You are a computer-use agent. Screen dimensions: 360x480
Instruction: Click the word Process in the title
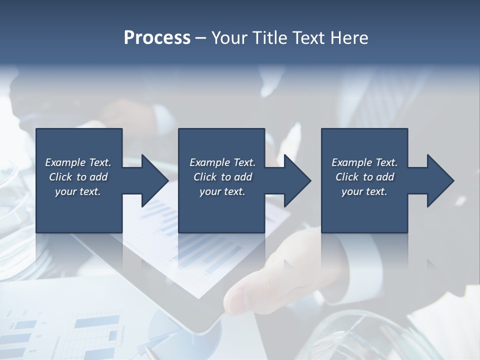[x=157, y=38]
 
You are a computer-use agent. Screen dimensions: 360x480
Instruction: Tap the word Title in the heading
[x=268, y=38]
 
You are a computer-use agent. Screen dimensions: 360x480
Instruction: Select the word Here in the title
[x=348, y=38]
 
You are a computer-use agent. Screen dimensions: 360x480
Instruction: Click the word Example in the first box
[x=65, y=162]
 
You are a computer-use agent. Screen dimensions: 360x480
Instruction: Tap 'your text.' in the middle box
[x=222, y=191]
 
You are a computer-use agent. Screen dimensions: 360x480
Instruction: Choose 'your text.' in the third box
[x=364, y=191]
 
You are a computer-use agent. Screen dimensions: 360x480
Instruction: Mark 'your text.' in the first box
[x=78, y=191]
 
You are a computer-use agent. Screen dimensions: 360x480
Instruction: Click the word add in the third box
[x=384, y=177]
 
